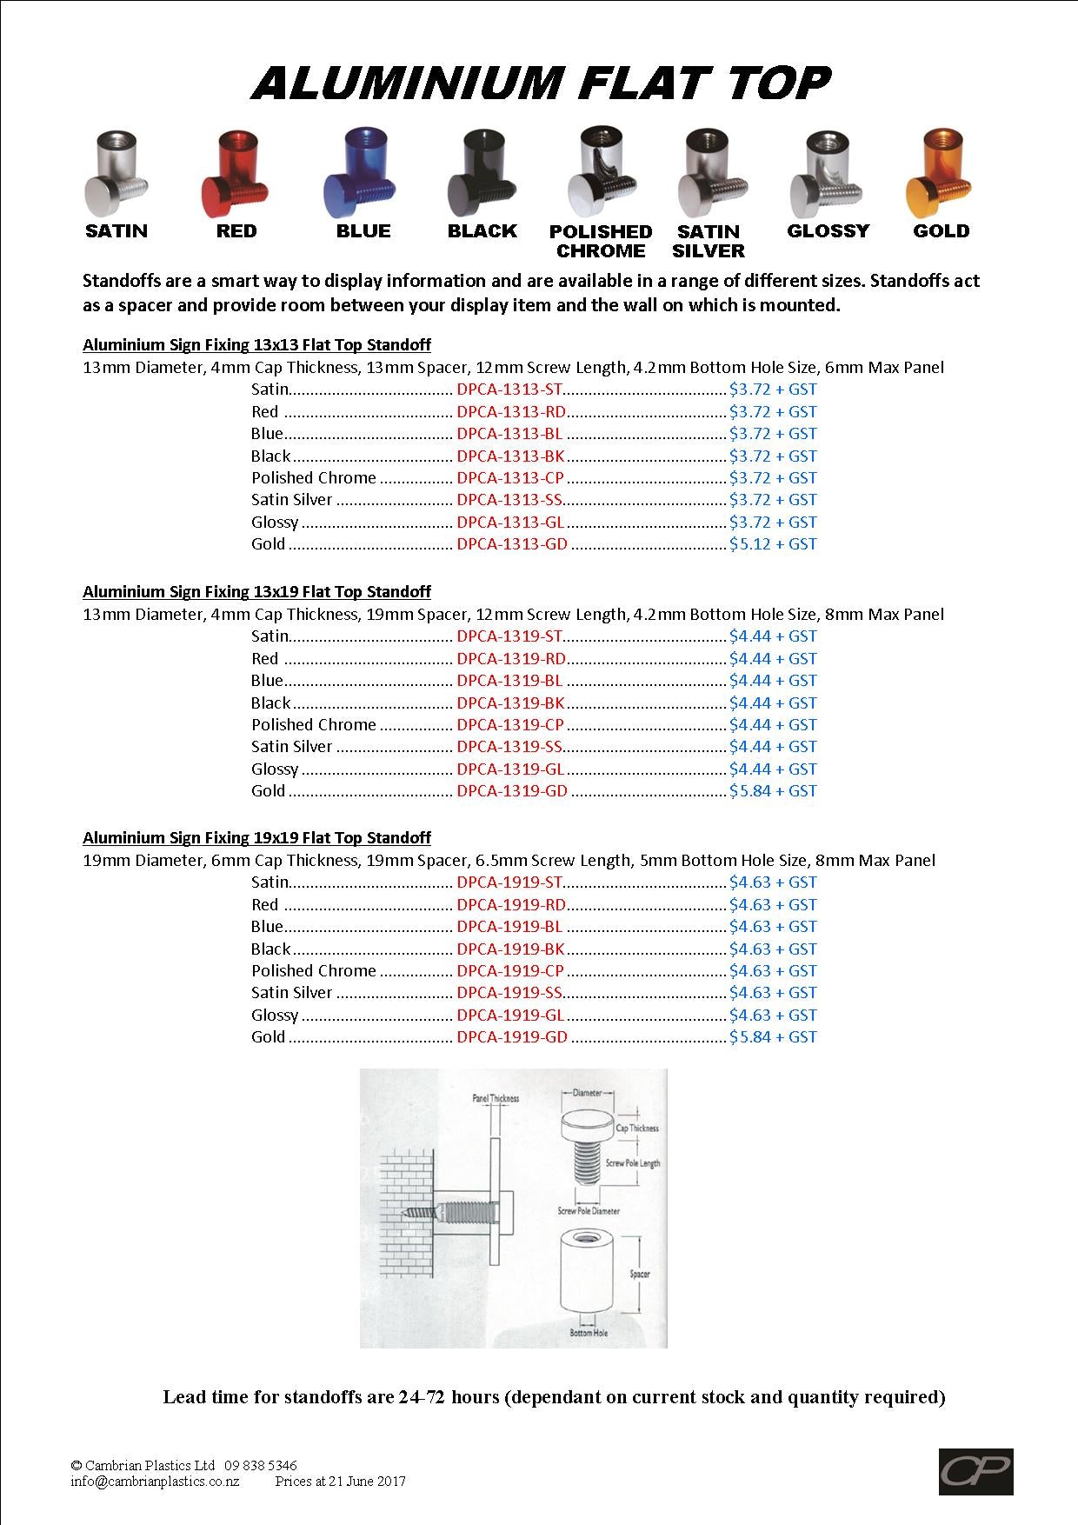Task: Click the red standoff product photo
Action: pos(236,173)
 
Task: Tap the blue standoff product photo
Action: pos(359,174)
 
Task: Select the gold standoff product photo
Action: pos(940,173)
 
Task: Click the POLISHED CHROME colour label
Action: pos(601,242)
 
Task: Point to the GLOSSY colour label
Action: pos(828,231)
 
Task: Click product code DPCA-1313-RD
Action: pos(511,412)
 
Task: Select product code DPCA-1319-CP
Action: pos(510,725)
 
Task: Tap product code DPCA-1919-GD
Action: pos(512,1037)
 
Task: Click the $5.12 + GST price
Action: pos(773,544)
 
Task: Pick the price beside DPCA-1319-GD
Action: pos(773,791)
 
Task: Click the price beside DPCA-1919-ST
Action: pos(773,882)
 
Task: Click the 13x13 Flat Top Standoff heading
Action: pos(256,345)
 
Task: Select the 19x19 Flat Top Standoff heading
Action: pos(256,838)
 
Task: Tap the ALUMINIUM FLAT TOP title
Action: pos(541,83)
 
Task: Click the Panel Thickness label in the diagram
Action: pos(495,1099)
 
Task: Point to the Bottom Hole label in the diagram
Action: pos(589,1333)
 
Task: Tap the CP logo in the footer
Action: pos(975,1470)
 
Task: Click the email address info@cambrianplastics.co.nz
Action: pos(155,1482)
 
